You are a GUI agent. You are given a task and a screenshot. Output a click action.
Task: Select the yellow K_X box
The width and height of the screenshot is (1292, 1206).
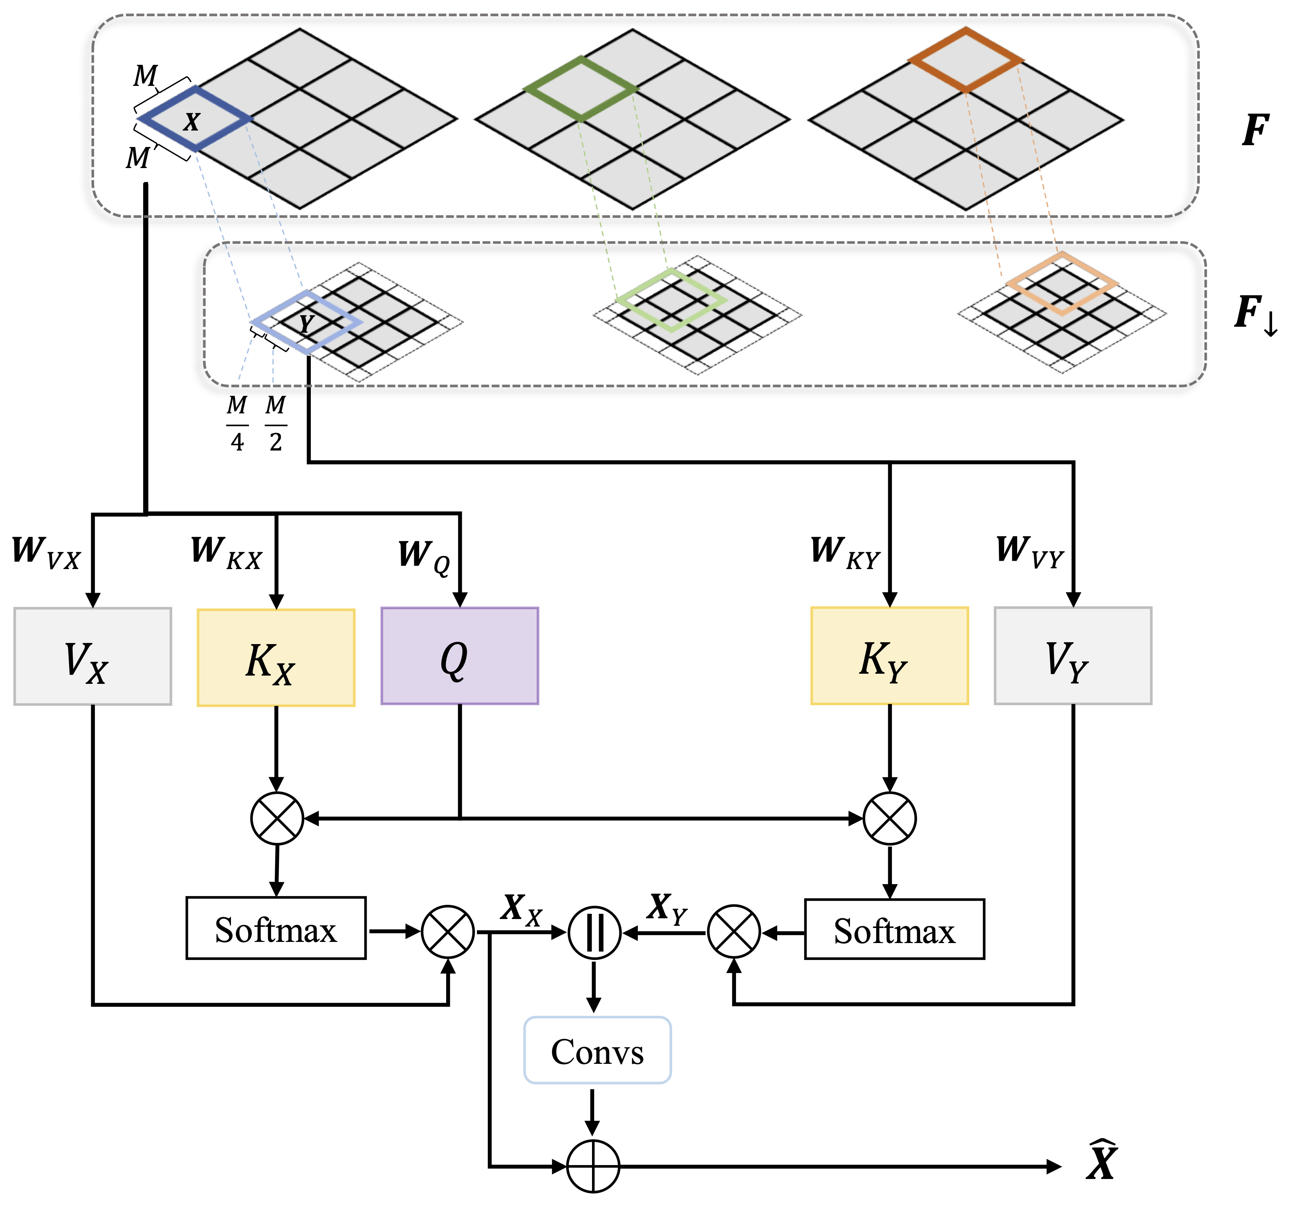(276, 657)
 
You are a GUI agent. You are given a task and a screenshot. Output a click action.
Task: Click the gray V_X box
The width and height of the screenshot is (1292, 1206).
(92, 656)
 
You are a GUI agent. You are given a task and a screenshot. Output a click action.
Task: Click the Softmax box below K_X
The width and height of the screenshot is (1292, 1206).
(276, 928)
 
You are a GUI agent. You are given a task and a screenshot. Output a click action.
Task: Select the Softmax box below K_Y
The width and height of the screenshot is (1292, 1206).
(894, 929)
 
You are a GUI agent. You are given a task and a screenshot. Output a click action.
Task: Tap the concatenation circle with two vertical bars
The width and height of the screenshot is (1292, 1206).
(594, 932)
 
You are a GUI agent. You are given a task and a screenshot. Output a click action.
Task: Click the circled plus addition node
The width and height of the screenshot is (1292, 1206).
(593, 1166)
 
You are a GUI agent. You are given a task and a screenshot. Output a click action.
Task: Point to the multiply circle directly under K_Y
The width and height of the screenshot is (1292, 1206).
(889, 819)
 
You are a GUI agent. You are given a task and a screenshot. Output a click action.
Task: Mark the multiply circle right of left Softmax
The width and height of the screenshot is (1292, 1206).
(448, 932)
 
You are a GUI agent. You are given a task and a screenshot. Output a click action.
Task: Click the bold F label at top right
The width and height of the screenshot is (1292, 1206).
(1254, 130)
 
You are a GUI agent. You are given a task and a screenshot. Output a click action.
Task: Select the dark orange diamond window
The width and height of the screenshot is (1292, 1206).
(966, 60)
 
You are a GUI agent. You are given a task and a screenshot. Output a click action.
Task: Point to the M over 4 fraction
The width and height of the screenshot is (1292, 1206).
(237, 423)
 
